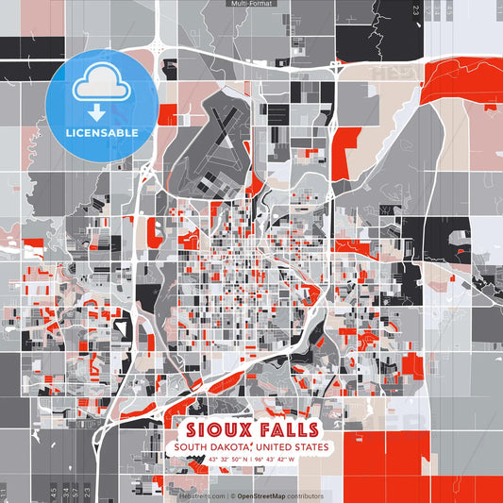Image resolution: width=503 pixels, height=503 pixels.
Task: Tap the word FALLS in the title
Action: pos(287,428)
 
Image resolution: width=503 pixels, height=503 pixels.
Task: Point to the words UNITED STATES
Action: pos(288,447)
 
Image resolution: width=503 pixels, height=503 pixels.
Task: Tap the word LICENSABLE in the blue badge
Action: pos(101,132)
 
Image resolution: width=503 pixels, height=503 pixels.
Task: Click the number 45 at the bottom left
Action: pos(40,491)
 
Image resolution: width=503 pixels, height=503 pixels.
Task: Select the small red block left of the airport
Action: pos(168,114)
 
